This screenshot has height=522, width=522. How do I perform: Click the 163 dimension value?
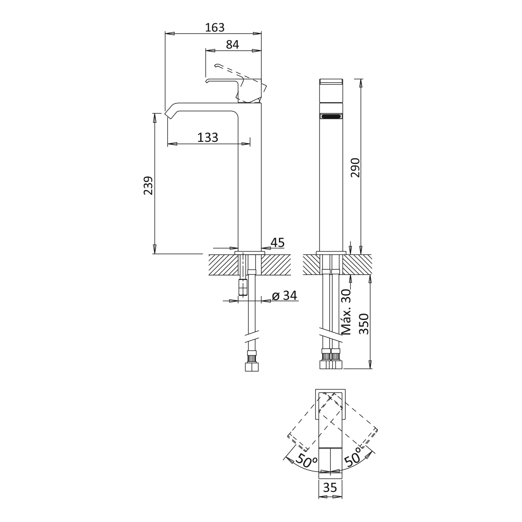(215, 27)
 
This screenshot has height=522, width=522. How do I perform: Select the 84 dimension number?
(232, 45)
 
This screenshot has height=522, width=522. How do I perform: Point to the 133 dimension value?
(208, 137)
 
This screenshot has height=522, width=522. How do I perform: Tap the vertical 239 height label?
(148, 186)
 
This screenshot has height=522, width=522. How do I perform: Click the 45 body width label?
(278, 243)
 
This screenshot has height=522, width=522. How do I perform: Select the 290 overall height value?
(355, 168)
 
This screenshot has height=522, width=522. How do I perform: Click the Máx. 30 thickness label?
(347, 312)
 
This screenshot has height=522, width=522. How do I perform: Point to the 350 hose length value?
(363, 324)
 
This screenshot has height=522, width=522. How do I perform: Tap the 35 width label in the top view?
(330, 488)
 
